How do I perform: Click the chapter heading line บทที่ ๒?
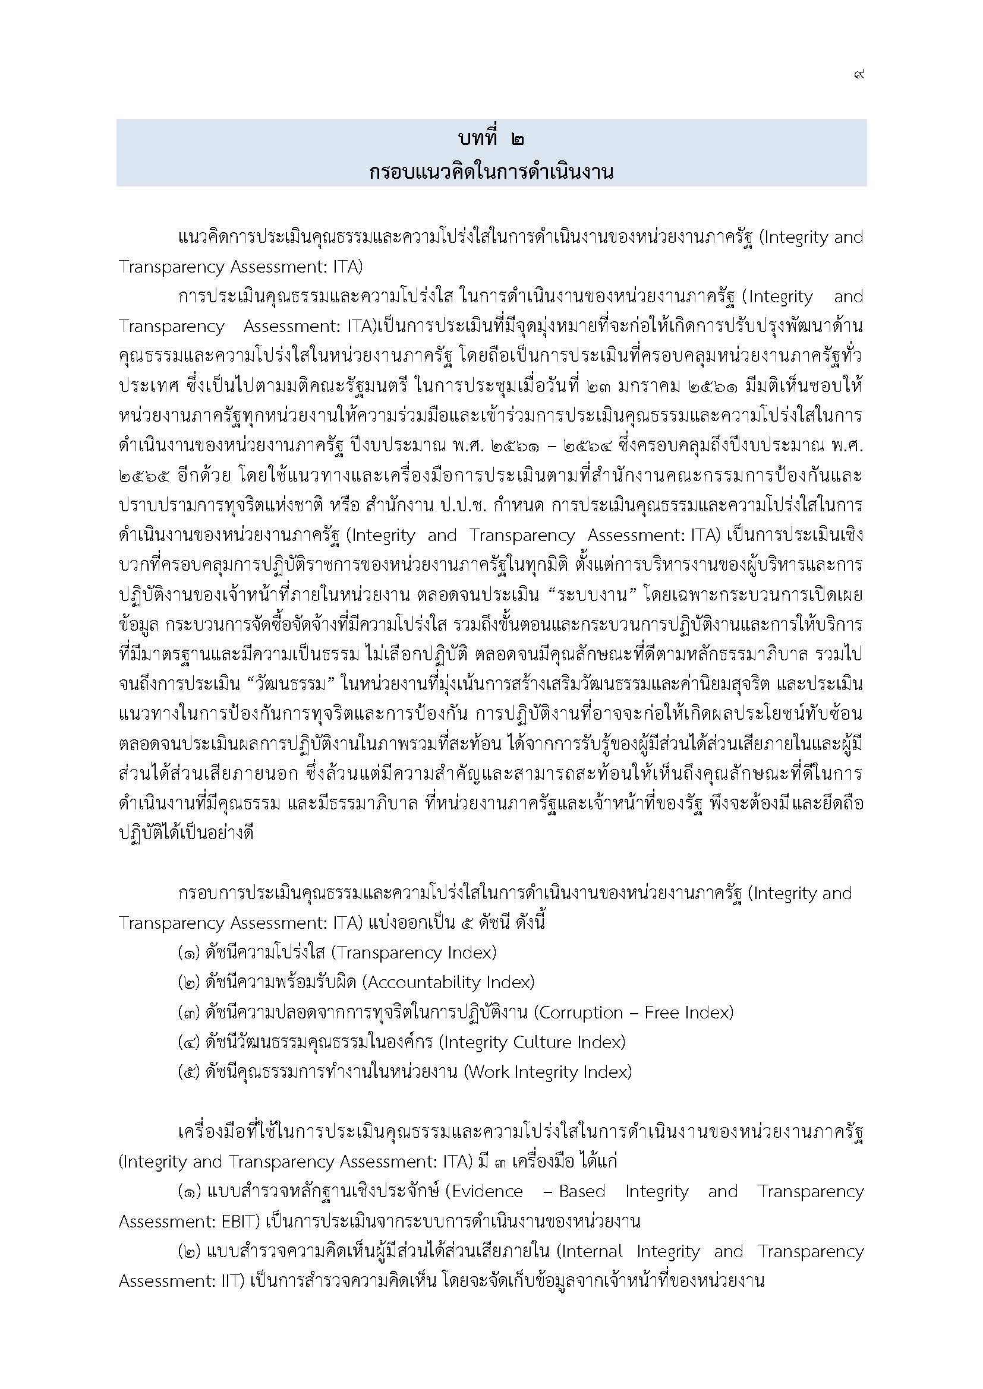(491, 139)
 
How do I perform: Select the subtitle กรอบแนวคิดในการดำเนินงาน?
(491, 172)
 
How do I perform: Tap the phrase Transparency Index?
(415, 953)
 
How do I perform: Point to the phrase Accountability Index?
(449, 982)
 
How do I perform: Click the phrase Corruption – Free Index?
(634, 1013)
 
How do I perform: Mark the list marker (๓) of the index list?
(190, 1013)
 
